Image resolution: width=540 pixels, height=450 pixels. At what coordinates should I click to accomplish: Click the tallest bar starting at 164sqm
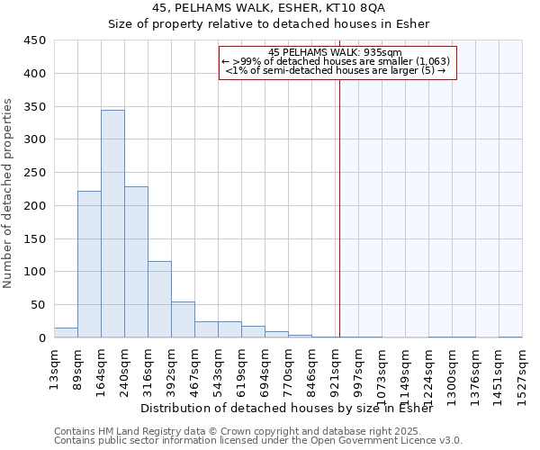112,224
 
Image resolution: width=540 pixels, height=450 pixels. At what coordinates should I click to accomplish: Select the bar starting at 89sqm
89,265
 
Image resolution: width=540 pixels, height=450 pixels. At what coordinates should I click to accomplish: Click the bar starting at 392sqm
183,319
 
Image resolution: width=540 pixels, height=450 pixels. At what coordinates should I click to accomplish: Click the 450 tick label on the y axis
34,40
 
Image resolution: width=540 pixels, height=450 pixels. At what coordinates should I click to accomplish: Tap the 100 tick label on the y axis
34,272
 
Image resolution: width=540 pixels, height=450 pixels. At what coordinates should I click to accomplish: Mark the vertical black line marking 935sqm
339,207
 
